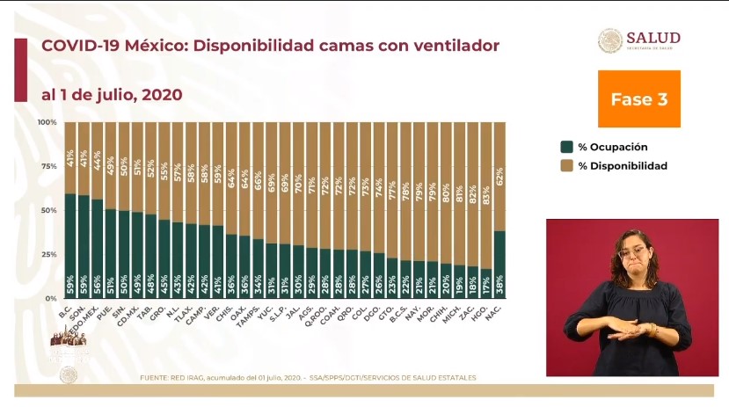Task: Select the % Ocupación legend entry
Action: pyautogui.click(x=607, y=147)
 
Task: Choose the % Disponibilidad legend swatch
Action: pyautogui.click(x=567, y=165)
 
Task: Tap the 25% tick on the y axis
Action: pyautogui.click(x=48, y=255)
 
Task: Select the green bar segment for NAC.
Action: pyautogui.click(x=499, y=264)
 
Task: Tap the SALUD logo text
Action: pyautogui.click(x=652, y=38)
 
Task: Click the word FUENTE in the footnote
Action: pyautogui.click(x=155, y=377)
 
